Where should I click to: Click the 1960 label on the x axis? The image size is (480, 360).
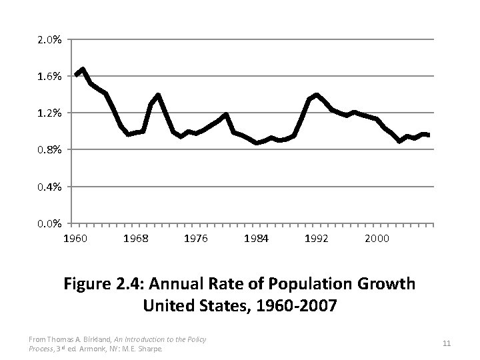pos(75,238)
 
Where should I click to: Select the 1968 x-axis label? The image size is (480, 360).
pos(136,238)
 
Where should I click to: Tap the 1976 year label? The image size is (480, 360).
pos(196,238)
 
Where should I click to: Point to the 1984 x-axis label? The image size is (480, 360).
pos(257,238)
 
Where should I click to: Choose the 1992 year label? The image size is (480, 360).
pos(317,238)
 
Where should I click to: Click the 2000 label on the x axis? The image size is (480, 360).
pos(377,238)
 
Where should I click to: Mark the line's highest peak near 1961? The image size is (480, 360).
pos(83,69)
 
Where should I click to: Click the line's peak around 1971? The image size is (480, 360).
pos(158,95)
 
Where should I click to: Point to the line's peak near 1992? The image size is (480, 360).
pos(316,95)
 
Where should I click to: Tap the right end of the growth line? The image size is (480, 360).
pos(429,135)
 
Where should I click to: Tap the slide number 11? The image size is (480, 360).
pos(447,343)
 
